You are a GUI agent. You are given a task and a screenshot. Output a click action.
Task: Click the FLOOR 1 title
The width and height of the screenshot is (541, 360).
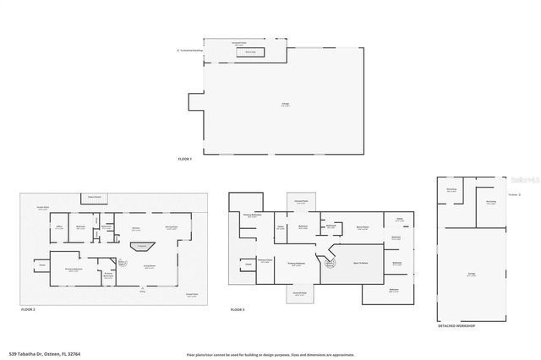coord(184,159)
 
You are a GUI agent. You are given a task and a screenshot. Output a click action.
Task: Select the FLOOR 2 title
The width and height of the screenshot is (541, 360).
coord(28,310)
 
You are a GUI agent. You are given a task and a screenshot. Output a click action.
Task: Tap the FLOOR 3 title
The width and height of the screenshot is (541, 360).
coord(237,310)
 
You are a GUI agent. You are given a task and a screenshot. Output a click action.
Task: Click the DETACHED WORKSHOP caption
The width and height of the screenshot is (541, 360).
coord(456,325)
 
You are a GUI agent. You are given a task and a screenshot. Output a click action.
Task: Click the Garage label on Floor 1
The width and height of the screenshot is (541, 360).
coord(285,105)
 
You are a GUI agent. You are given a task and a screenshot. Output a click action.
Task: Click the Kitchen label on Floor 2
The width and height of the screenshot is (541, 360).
coord(135,227)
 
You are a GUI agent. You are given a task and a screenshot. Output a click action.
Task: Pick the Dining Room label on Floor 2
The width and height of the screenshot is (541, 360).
coord(171,227)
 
